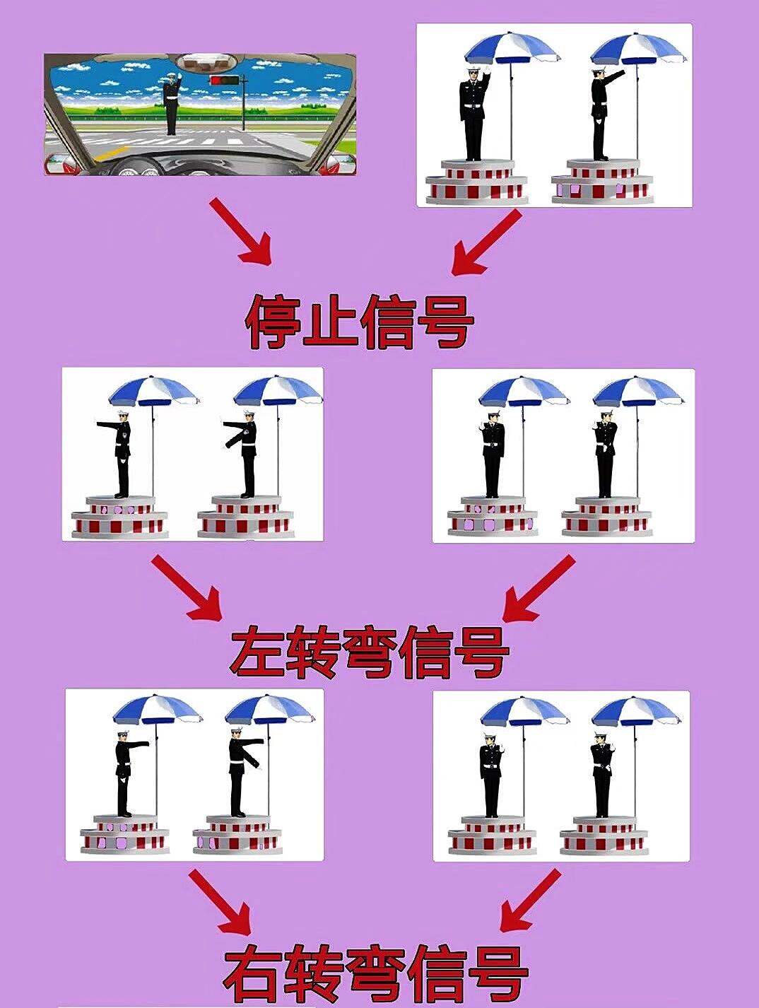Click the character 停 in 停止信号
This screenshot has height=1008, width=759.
[273, 323]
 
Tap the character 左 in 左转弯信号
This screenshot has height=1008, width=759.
[257, 653]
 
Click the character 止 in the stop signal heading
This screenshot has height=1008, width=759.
[330, 323]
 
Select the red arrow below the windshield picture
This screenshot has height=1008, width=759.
[241, 231]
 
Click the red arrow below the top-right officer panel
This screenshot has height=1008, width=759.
[487, 242]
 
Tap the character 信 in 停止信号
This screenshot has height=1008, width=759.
[388, 323]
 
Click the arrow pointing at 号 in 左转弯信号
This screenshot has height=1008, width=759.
[538, 588]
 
